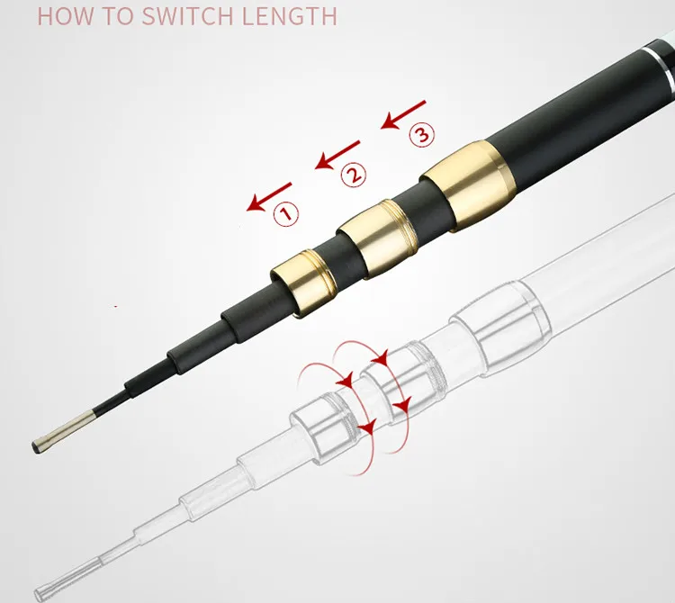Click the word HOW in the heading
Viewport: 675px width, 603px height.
[x=65, y=16]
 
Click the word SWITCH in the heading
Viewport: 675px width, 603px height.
[x=187, y=16]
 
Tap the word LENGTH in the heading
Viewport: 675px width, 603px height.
[x=289, y=16]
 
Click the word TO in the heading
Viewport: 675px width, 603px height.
[x=117, y=16]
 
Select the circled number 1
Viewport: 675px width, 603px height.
[x=286, y=213]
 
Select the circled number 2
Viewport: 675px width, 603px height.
[x=354, y=175]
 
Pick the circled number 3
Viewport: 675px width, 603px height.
[x=422, y=134]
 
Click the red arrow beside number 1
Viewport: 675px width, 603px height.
[x=269, y=197]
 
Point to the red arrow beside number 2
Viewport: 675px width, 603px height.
[x=337, y=155]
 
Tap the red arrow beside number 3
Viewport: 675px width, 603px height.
[x=403, y=115]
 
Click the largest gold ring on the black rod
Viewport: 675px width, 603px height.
[x=468, y=185]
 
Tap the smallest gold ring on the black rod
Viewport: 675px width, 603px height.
[x=304, y=283]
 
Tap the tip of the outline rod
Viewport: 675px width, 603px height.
[x=41, y=594]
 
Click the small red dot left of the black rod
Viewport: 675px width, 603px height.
[x=116, y=306]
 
